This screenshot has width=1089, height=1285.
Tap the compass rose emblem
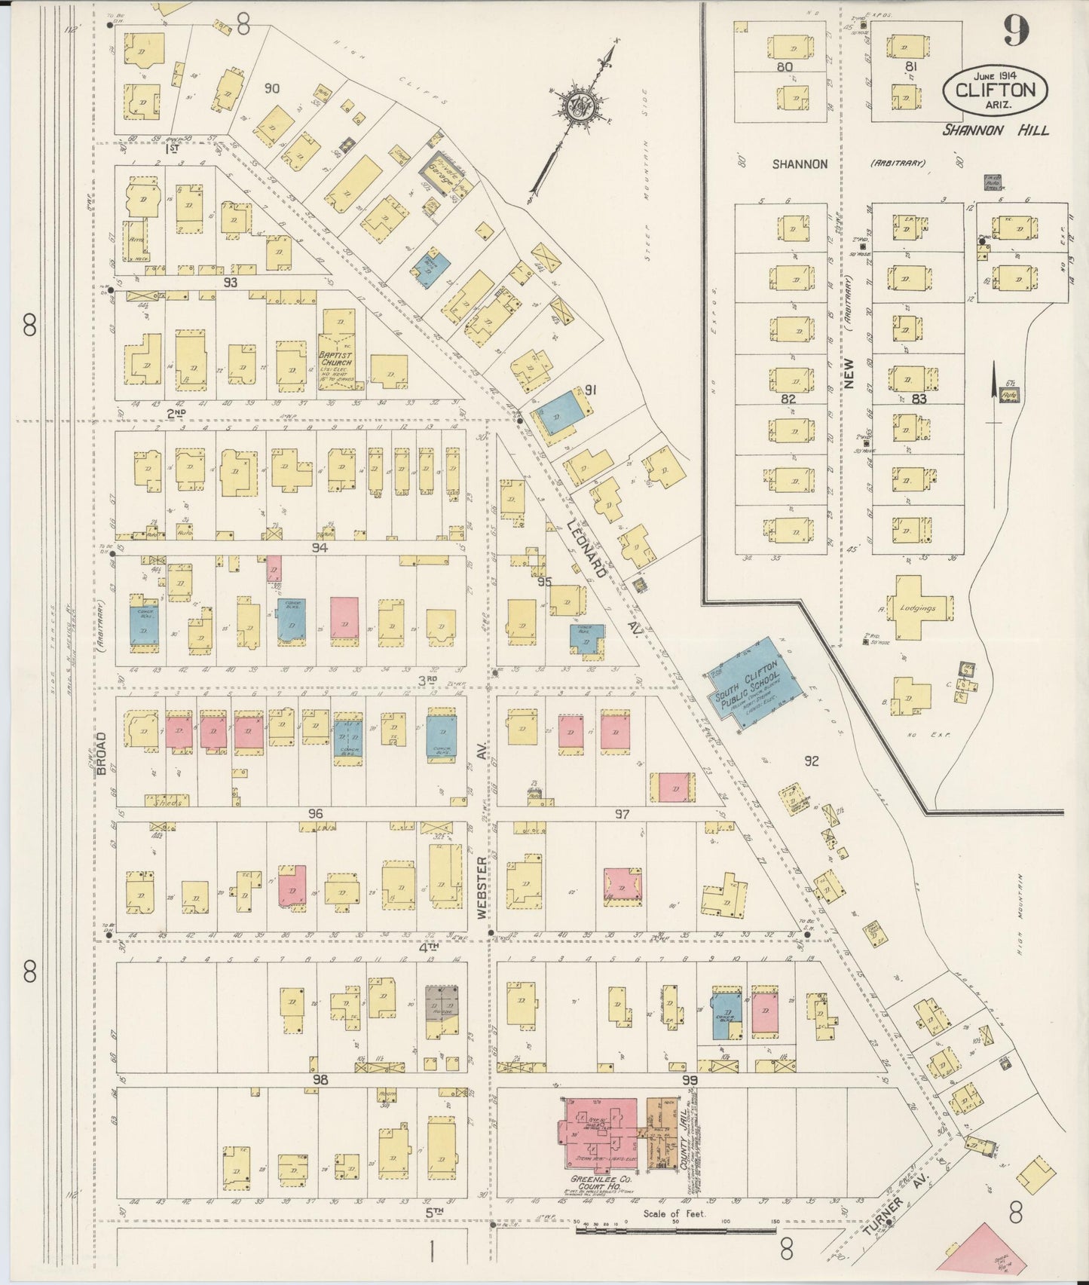[580, 107]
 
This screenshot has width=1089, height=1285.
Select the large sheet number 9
[1014, 32]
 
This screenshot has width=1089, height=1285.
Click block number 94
[321, 548]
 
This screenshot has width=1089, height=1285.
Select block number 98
[321, 1080]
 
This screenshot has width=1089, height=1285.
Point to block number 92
[811, 761]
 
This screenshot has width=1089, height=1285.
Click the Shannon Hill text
[995, 130]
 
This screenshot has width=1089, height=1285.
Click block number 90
[271, 88]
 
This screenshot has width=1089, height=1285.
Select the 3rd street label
[428, 679]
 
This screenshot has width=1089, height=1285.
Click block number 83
[918, 399]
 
